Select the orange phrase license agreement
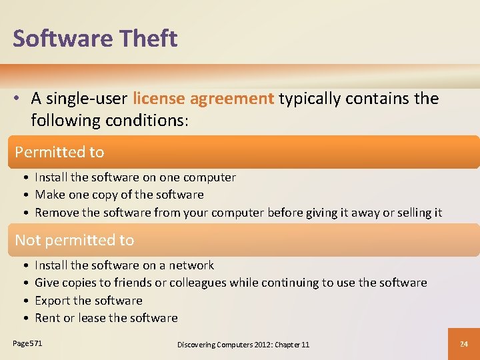pyautogui.click(x=203, y=99)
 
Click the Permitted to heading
pyautogui.click(x=59, y=152)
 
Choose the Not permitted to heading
pyautogui.click(x=74, y=240)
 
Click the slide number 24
pyautogui.click(x=464, y=344)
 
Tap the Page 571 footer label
pyautogui.click(x=27, y=343)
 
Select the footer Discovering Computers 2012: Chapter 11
pyautogui.click(x=243, y=344)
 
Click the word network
pyautogui.click(x=192, y=265)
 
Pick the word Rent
pyautogui.click(x=47, y=318)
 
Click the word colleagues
pyautogui.click(x=197, y=283)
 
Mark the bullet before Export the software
pyautogui.click(x=25, y=301)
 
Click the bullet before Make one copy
pyautogui.click(x=25, y=195)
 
